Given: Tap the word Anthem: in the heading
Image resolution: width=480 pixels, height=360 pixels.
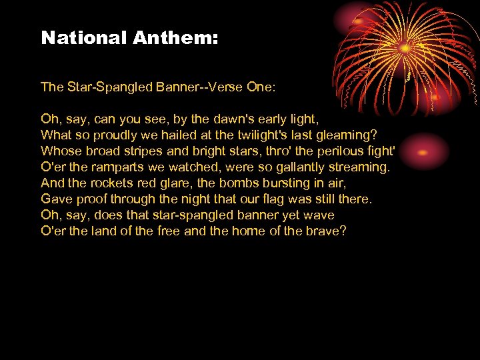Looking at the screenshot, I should click(175, 38).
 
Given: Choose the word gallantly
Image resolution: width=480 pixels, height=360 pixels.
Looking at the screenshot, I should click(295, 167).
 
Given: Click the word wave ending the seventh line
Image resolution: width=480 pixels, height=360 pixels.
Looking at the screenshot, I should click(319, 215).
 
